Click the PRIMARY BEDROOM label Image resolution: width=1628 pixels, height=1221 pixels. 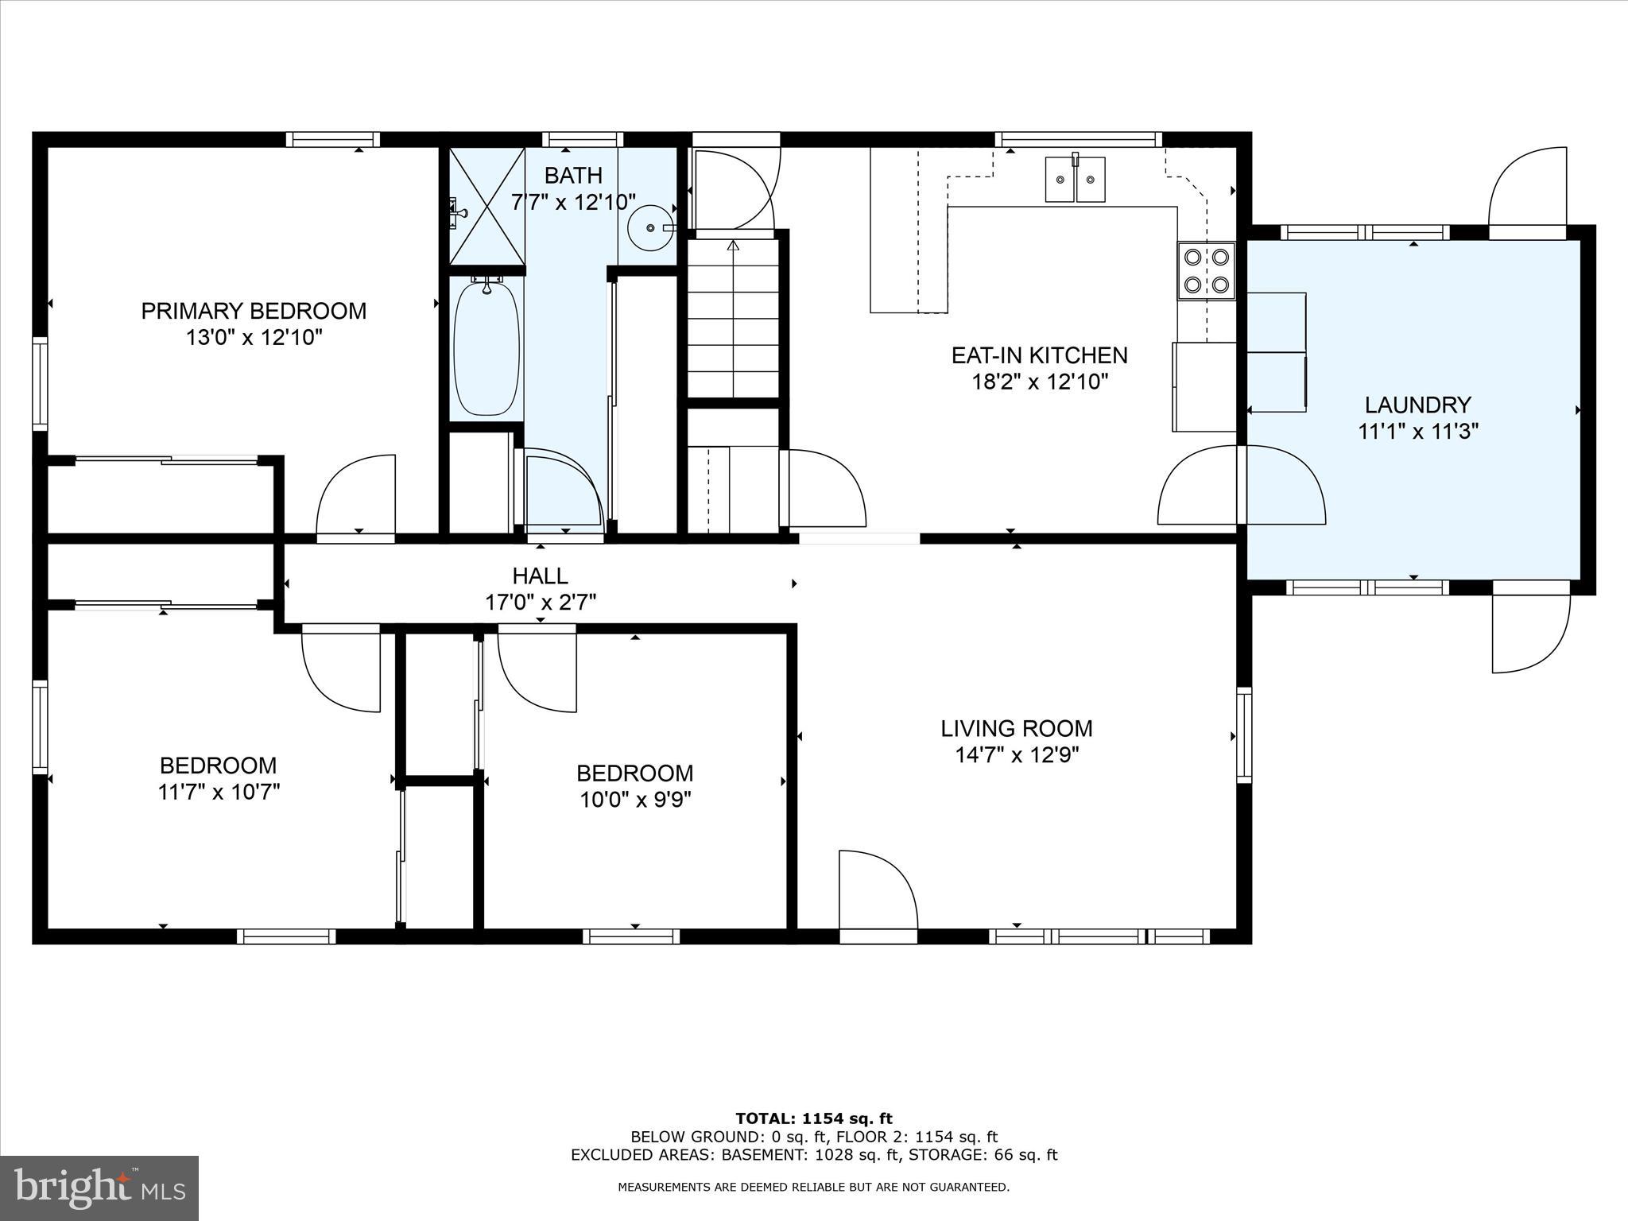tap(254, 311)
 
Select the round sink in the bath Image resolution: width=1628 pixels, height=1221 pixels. tap(651, 227)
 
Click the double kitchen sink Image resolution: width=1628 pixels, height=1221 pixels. tap(1075, 180)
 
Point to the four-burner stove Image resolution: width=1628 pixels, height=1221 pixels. tap(1206, 270)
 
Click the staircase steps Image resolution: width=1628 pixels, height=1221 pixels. tap(732, 318)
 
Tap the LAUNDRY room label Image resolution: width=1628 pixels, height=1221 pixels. tap(1417, 405)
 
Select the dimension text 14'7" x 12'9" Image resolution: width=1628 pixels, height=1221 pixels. tap(1016, 754)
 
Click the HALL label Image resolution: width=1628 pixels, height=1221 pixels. tap(540, 576)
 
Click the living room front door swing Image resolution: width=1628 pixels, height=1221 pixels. tap(874, 886)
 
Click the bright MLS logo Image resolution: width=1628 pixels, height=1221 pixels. tap(99, 1188)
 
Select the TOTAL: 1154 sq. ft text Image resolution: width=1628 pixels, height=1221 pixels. tap(813, 1119)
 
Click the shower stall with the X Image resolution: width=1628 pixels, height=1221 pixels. tap(487, 206)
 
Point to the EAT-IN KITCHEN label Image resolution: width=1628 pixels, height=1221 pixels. tap(1039, 355)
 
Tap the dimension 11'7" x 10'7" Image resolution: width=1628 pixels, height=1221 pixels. tap(219, 793)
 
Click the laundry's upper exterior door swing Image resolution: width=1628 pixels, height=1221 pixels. tap(1527, 191)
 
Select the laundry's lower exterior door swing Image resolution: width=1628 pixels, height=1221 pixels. tap(1529, 632)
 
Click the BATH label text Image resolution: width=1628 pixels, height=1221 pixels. tap(573, 175)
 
